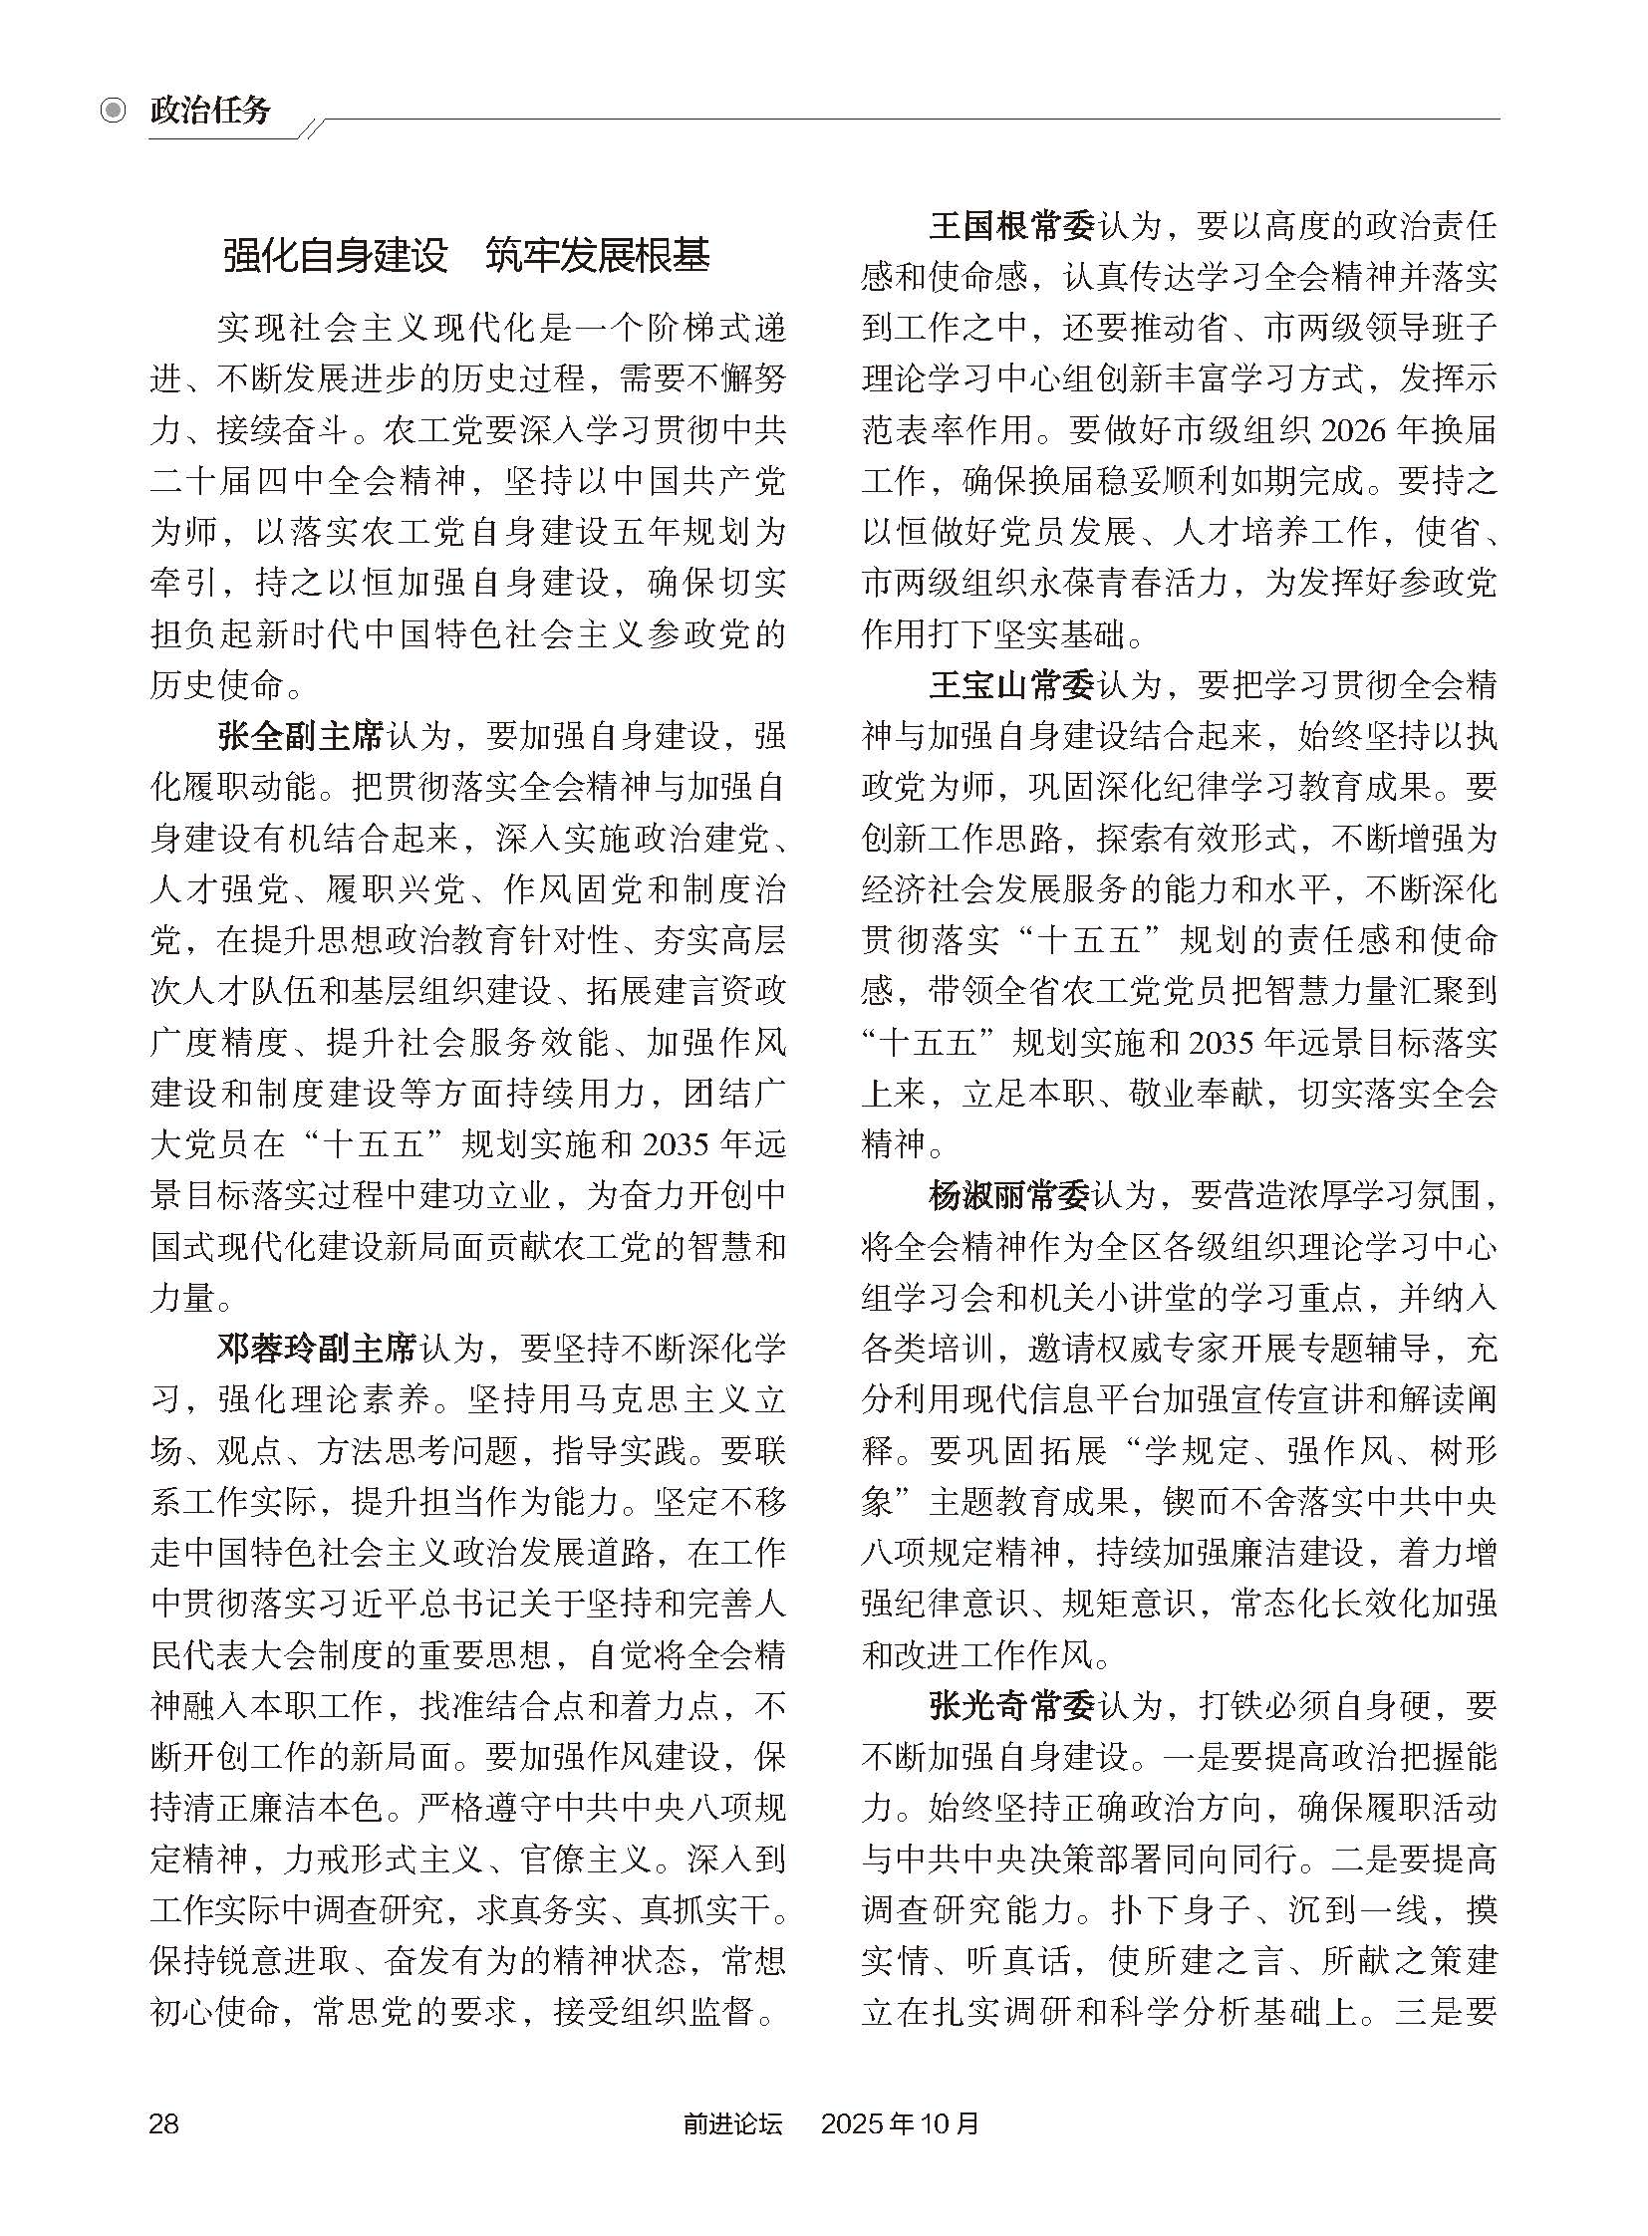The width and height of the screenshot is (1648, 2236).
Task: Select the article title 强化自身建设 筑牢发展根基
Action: tap(466, 255)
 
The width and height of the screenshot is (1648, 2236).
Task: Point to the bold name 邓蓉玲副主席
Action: tap(316, 1349)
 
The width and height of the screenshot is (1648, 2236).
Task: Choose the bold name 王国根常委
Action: tap(1011, 226)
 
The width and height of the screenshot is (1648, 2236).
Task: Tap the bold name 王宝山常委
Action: tap(1011, 685)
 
